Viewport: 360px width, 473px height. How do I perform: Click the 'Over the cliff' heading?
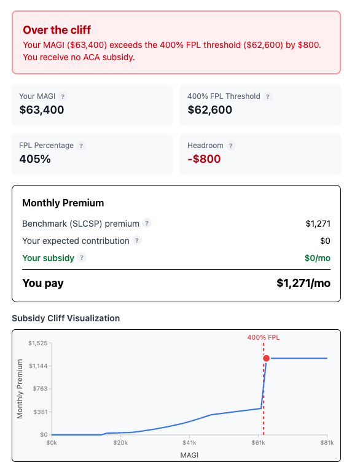point(57,30)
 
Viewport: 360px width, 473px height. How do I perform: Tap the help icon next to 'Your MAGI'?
point(63,96)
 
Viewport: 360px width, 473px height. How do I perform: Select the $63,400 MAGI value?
point(42,110)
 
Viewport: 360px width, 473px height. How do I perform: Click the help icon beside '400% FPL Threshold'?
point(268,96)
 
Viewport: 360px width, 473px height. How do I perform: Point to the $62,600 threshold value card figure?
point(209,110)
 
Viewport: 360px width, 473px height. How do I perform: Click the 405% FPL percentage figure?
point(35,159)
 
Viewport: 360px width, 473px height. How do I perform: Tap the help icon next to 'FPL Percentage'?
point(82,146)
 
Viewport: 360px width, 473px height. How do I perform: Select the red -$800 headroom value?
point(204,159)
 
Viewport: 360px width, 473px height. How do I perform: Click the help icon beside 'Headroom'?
point(231,146)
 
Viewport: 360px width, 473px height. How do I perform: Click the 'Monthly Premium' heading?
point(63,203)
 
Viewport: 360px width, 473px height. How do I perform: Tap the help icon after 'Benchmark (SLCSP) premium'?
point(147,224)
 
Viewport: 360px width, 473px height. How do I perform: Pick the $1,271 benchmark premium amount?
point(318,224)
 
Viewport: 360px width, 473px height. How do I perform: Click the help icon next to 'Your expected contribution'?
point(137,241)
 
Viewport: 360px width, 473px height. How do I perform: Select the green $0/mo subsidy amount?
point(317,258)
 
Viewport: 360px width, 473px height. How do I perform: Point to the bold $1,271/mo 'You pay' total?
point(303,283)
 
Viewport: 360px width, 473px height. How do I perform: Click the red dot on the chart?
point(266,358)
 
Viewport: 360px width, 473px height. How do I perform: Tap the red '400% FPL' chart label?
point(264,337)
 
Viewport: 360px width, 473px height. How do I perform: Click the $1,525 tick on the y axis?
point(38,343)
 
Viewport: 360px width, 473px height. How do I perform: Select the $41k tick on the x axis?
point(189,442)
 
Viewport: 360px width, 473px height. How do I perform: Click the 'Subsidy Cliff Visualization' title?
point(66,318)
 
